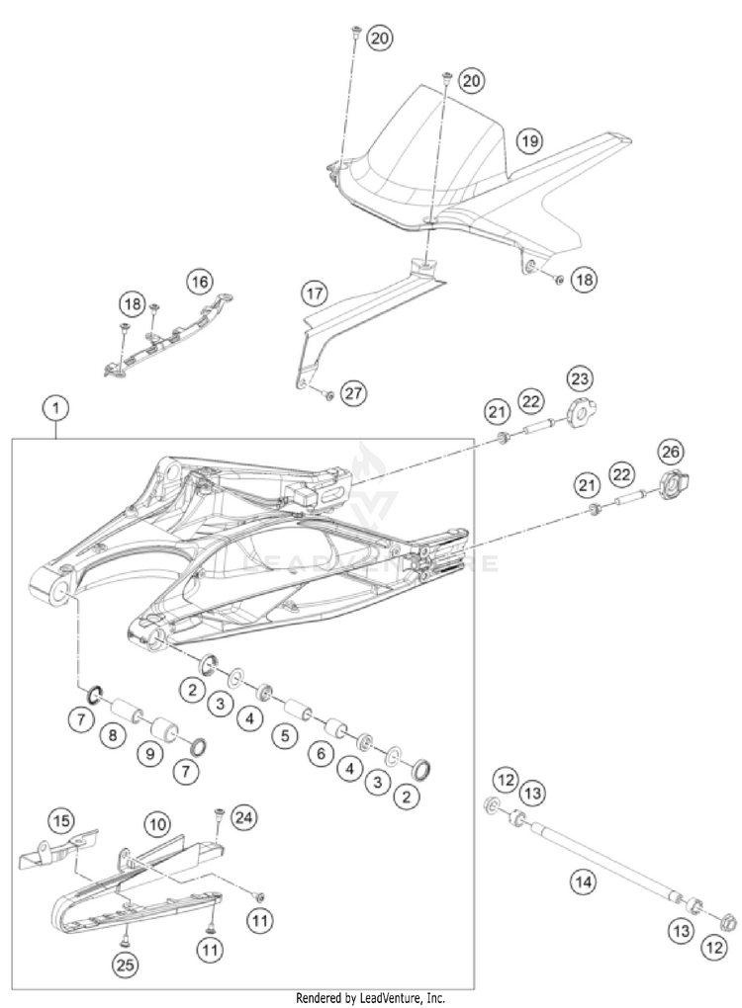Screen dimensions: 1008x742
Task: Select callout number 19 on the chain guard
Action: coord(529,141)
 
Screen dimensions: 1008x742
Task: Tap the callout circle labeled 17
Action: coord(315,293)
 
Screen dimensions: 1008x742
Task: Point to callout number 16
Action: coord(201,282)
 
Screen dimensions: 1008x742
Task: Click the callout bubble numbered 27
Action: coord(351,392)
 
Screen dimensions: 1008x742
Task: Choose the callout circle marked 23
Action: coord(578,378)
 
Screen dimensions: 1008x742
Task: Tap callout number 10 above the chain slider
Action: coord(154,822)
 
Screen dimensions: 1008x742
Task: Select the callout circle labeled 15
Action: coord(62,819)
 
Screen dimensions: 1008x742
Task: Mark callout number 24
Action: coord(243,817)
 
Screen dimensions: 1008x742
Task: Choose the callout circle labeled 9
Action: coord(150,753)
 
